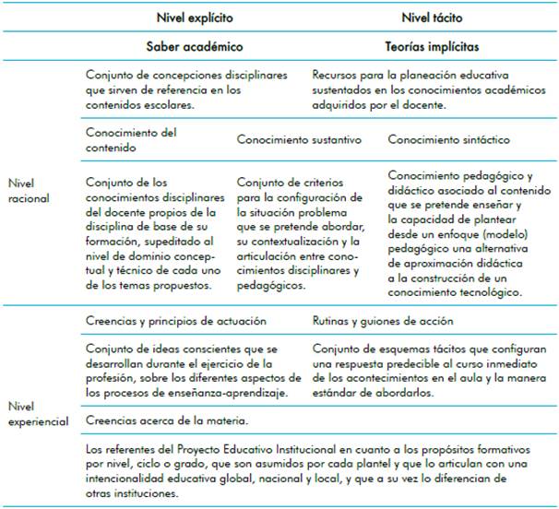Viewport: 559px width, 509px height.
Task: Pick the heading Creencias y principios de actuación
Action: [x=175, y=322]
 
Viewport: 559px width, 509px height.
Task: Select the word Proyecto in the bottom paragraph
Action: [x=198, y=449]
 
